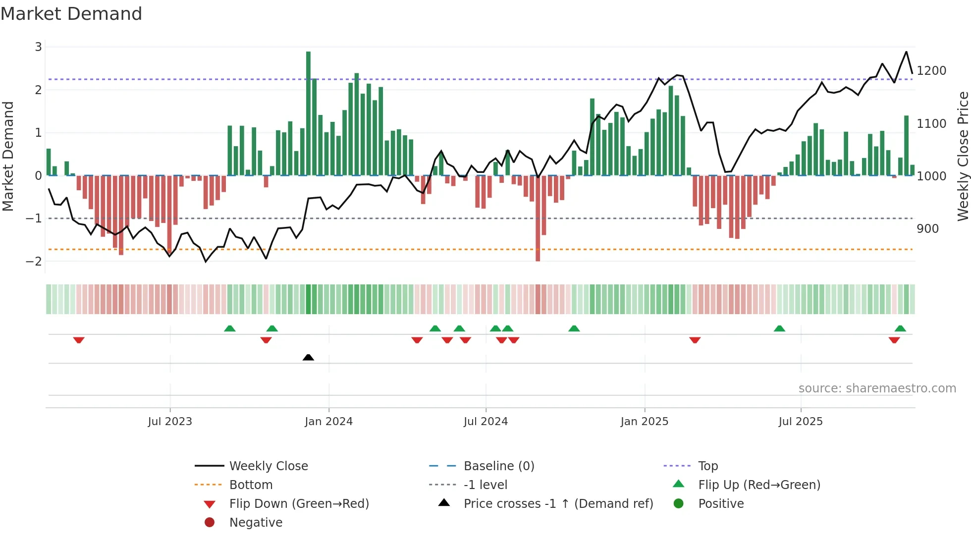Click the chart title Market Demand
tap(71, 14)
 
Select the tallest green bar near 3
tap(308, 114)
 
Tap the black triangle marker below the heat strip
tap(308, 357)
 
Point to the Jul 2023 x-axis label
tap(170, 422)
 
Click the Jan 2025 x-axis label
tap(644, 422)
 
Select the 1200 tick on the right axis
tap(931, 71)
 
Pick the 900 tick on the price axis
tap(927, 229)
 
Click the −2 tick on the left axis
tap(34, 261)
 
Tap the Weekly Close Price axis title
tap(963, 156)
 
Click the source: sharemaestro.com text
tap(877, 388)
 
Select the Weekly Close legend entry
tap(268, 466)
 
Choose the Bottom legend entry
tap(251, 485)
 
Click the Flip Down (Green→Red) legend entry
tap(299, 504)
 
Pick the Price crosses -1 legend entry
tap(558, 504)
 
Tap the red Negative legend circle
tap(210, 523)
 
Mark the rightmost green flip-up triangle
tap(900, 328)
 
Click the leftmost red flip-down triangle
tap(79, 340)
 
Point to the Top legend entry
tap(707, 466)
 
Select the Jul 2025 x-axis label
tap(800, 422)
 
